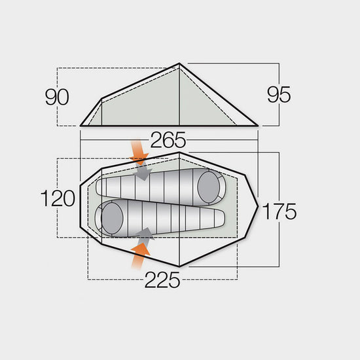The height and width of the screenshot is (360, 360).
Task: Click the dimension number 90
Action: (x=58, y=97)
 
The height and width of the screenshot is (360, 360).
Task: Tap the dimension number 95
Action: (x=279, y=96)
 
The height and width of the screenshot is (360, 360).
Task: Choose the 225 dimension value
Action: (x=162, y=280)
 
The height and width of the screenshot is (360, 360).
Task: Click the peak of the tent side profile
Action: (x=179, y=64)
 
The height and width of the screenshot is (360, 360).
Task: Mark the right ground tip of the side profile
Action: (x=259, y=124)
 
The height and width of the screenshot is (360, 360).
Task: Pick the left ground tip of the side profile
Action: (x=81, y=124)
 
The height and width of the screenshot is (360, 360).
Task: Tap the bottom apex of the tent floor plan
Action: (x=179, y=266)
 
